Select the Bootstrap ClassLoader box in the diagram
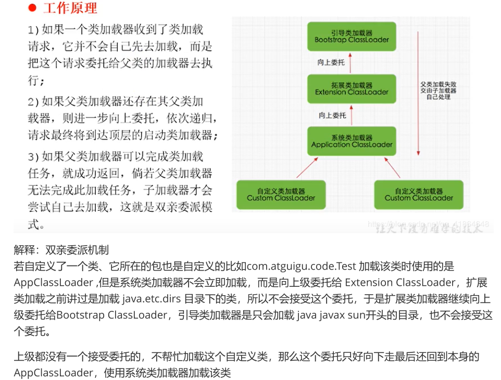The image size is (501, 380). point(352,36)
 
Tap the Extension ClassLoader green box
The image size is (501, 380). point(352,88)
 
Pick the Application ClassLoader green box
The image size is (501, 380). point(352,141)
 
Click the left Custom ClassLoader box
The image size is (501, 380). point(281,194)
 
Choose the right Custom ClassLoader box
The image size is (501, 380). point(419,194)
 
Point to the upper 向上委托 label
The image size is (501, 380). point(332,62)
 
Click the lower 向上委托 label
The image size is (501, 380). point(332,115)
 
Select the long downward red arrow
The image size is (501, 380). point(417,94)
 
